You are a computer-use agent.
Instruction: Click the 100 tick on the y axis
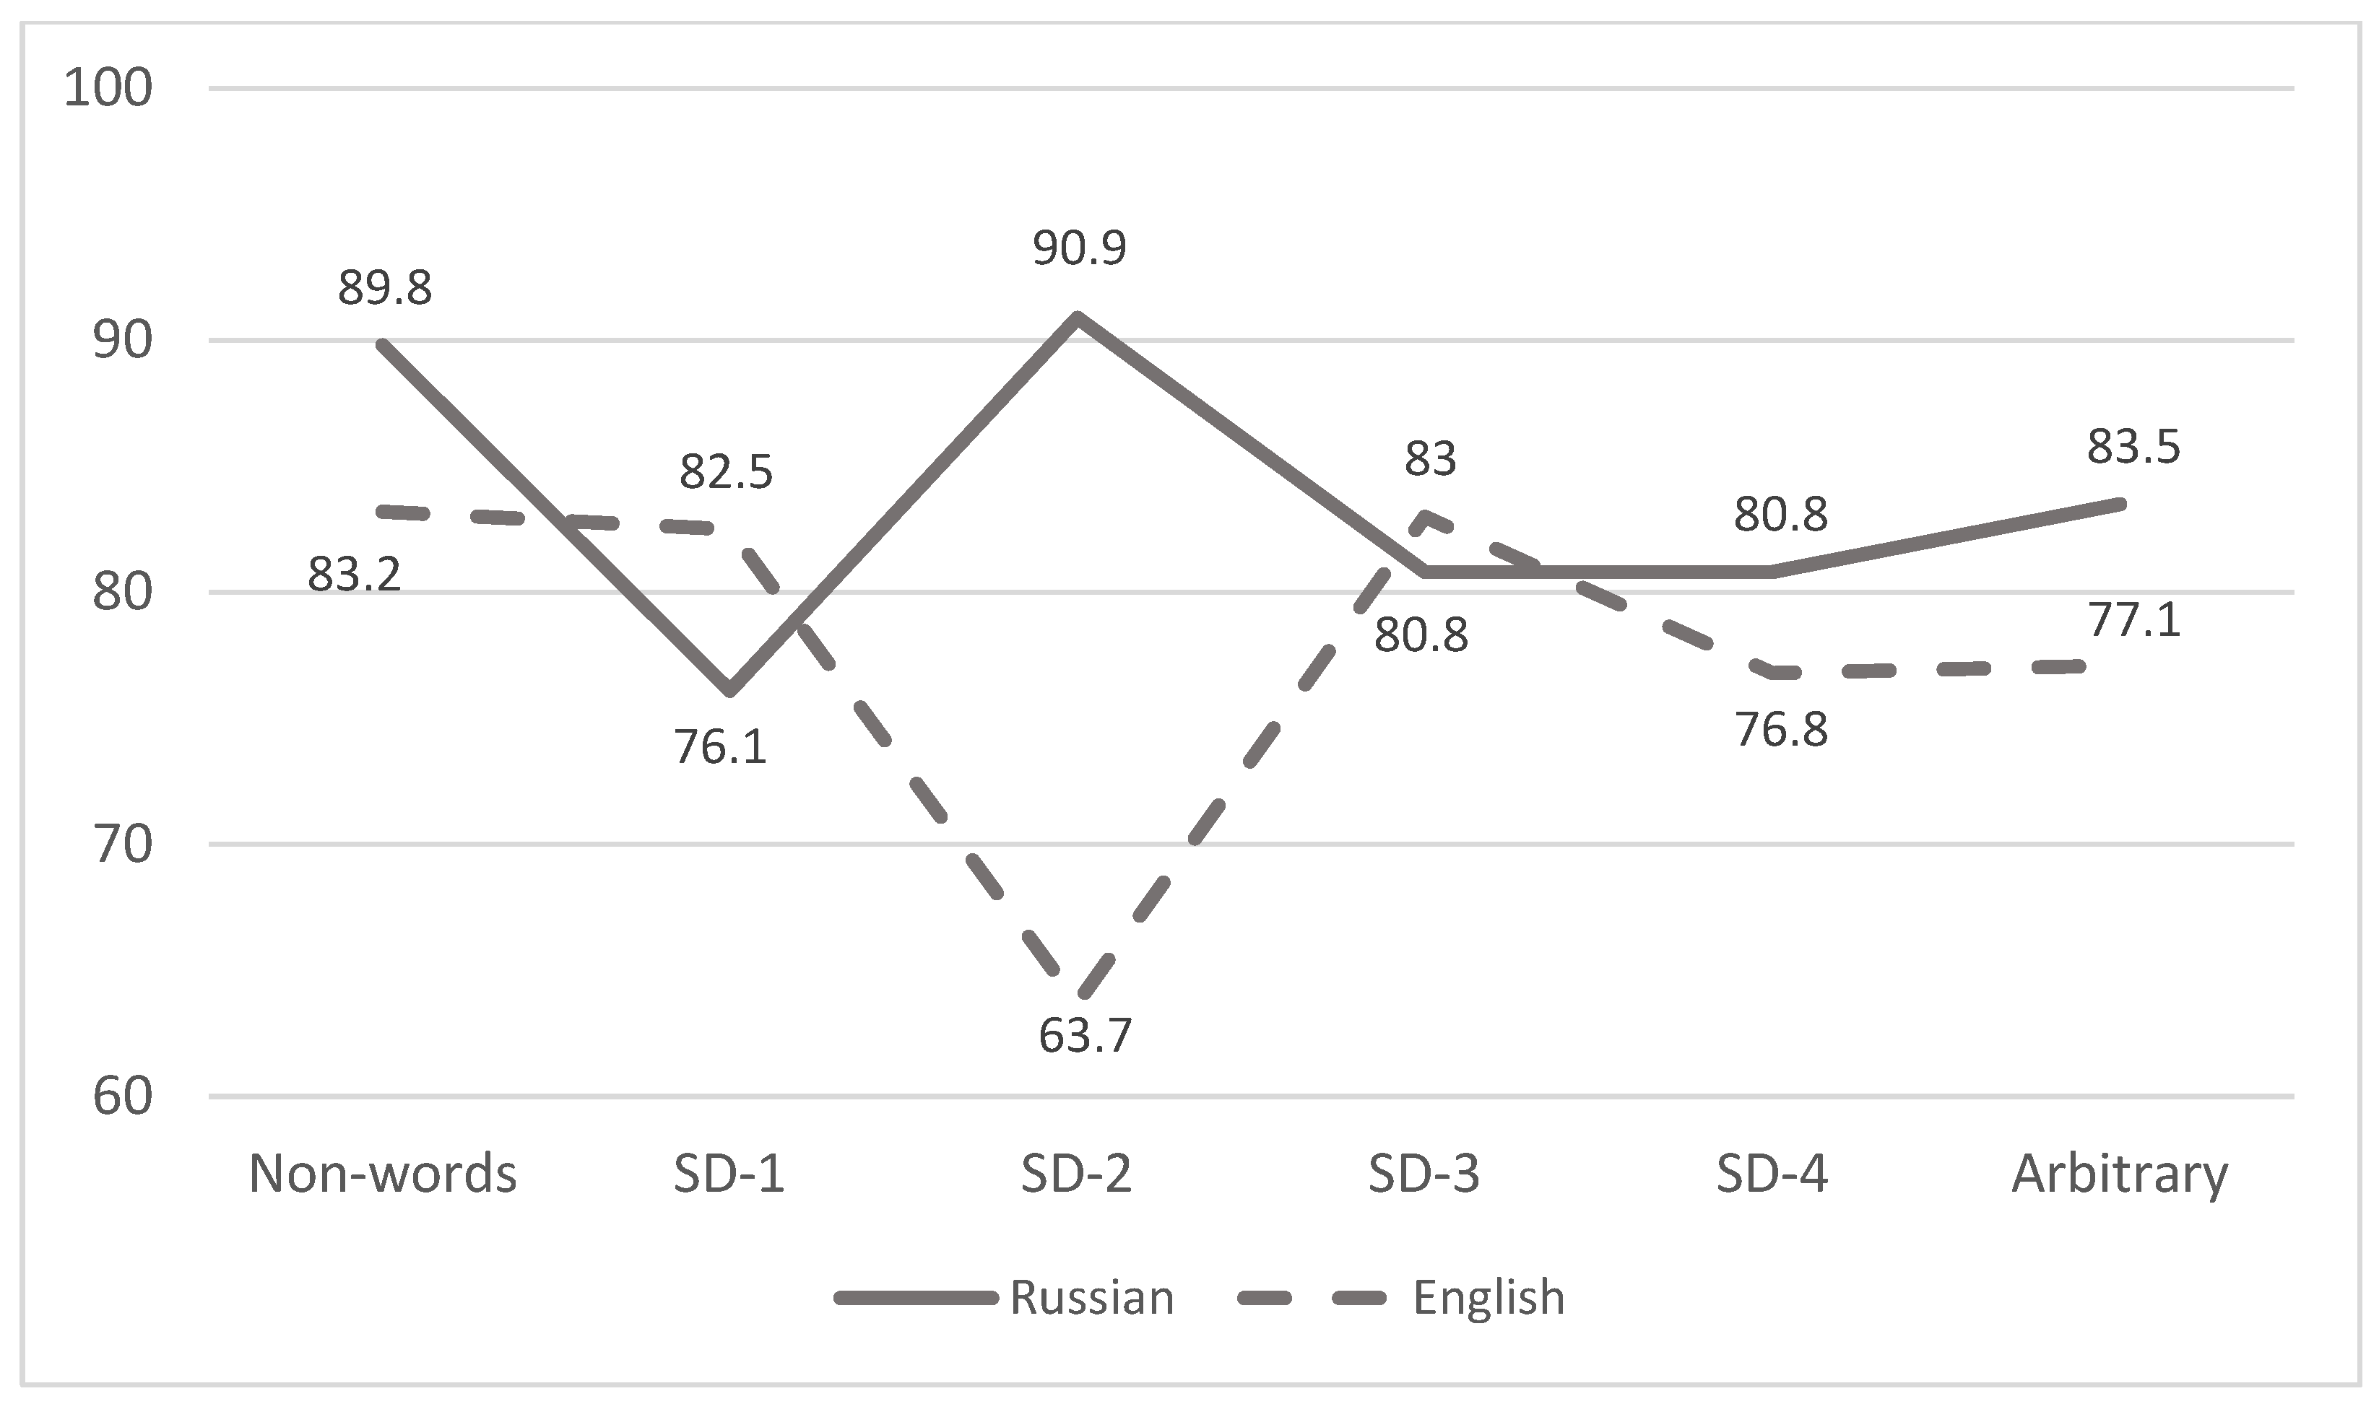point(108,89)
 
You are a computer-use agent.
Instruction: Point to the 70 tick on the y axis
point(121,844)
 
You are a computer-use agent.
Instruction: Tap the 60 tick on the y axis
point(121,1096)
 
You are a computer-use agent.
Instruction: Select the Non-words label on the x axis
point(382,1174)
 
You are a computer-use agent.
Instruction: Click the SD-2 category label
point(1076,1174)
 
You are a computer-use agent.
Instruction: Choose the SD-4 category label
point(1772,1174)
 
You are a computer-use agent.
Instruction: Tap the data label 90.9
point(1079,248)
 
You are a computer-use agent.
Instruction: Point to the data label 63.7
point(1085,1035)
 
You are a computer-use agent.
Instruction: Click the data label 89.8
point(384,287)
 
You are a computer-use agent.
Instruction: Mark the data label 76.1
point(720,746)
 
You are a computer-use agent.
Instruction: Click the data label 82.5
point(726,472)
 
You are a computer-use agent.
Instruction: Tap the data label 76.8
point(1780,730)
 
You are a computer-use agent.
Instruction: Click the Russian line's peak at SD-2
point(1077,316)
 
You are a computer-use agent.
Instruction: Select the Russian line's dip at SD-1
point(729,691)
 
